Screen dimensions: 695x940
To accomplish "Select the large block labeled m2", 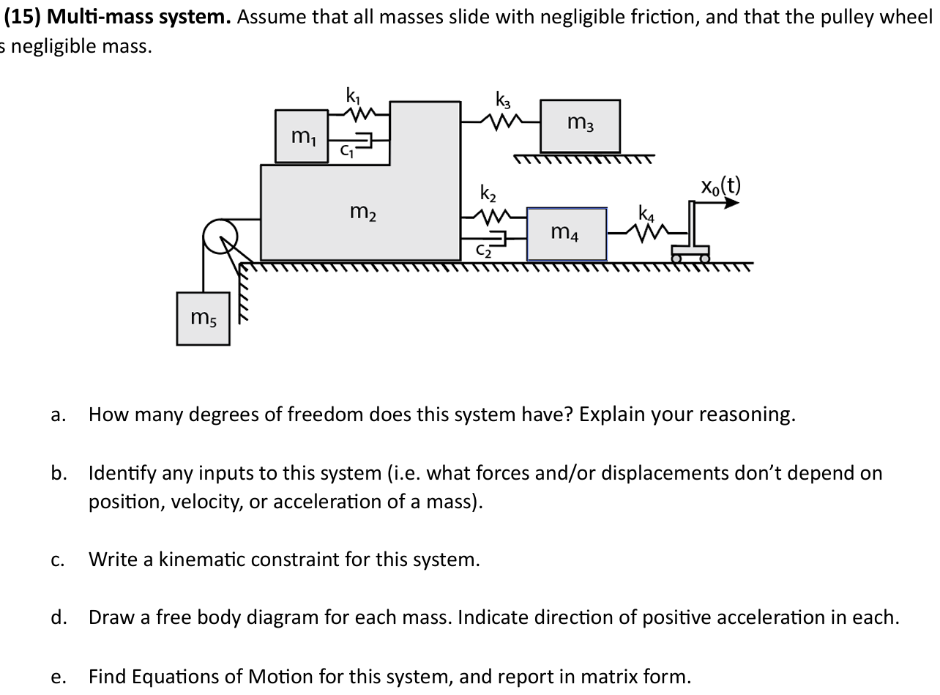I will [361, 213].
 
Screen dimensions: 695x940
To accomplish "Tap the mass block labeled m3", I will [580, 125].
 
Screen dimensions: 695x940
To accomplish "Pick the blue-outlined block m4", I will [567, 234].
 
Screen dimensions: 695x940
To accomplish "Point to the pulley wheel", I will [220, 237].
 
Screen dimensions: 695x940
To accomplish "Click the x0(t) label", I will [720, 186].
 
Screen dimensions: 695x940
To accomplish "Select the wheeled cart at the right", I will [691, 253].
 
